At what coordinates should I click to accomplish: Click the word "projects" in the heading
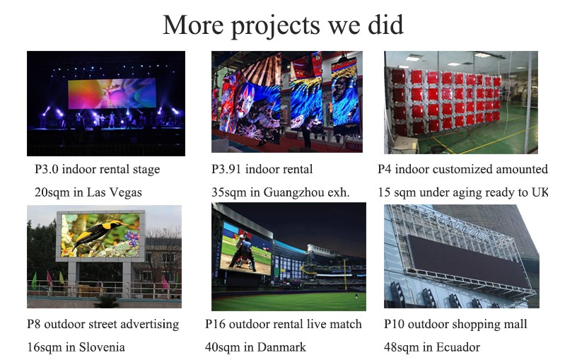(275, 26)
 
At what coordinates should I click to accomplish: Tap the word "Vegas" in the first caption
(125, 192)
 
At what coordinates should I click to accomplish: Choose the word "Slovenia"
(102, 347)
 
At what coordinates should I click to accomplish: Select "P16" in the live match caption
(215, 324)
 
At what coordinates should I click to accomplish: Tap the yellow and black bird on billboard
(98, 233)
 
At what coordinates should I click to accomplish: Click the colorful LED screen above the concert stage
(112, 93)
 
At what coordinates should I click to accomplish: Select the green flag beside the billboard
(34, 280)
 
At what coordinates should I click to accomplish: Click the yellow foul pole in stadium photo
(345, 276)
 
